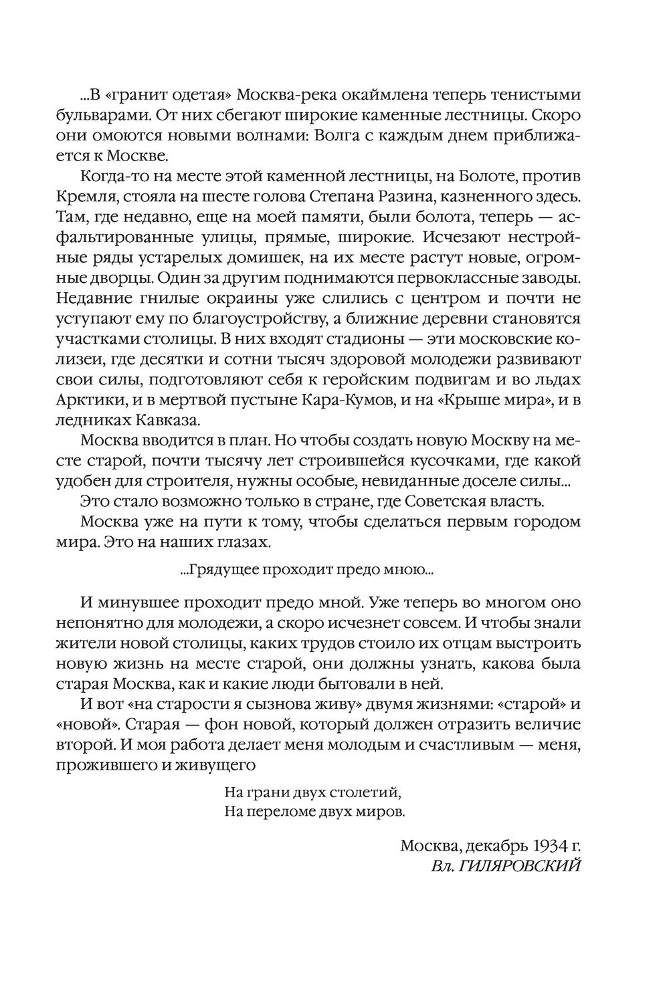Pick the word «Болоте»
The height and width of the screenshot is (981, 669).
[484, 180]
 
